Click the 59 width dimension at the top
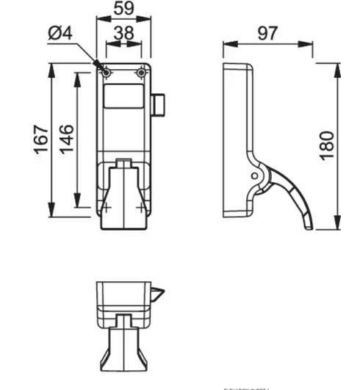click(123, 10)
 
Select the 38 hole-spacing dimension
click(123, 34)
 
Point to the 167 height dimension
click(42, 138)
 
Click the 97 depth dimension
click(268, 32)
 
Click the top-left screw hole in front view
click(107, 73)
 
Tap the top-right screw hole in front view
click(141, 73)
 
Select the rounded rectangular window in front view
click(123, 96)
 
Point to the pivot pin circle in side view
click(254, 176)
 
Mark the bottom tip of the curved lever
click(308, 227)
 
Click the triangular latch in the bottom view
click(157, 295)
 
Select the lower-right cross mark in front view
click(140, 208)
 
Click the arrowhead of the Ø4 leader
click(102, 68)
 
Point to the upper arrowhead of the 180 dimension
click(337, 67)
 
